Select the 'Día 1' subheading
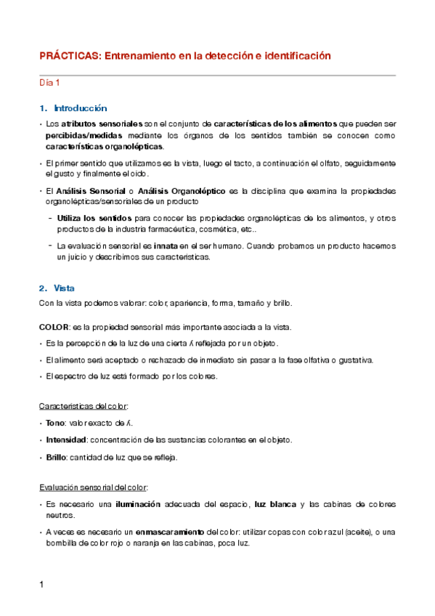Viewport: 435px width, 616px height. click(x=49, y=83)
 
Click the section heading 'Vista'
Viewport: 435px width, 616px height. click(x=64, y=288)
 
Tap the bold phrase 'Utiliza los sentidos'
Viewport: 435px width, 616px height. click(x=94, y=217)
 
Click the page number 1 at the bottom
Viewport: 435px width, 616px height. click(x=41, y=585)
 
